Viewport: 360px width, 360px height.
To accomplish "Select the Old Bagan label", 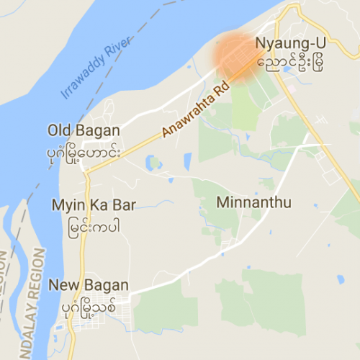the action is coord(84,130).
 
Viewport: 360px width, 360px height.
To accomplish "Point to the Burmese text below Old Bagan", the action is coord(84,153).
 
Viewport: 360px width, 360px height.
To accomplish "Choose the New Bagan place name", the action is coord(89,285).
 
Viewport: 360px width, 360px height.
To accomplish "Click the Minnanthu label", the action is coord(253,202).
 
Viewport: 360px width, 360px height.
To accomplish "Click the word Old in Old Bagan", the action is coord(59,130).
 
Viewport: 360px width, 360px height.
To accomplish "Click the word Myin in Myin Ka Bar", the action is coord(65,204).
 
